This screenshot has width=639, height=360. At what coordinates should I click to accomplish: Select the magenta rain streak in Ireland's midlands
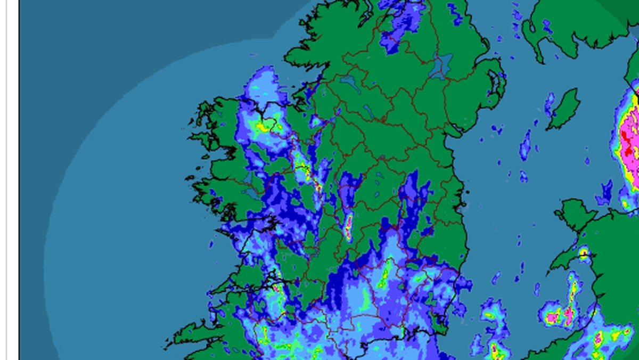348,226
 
